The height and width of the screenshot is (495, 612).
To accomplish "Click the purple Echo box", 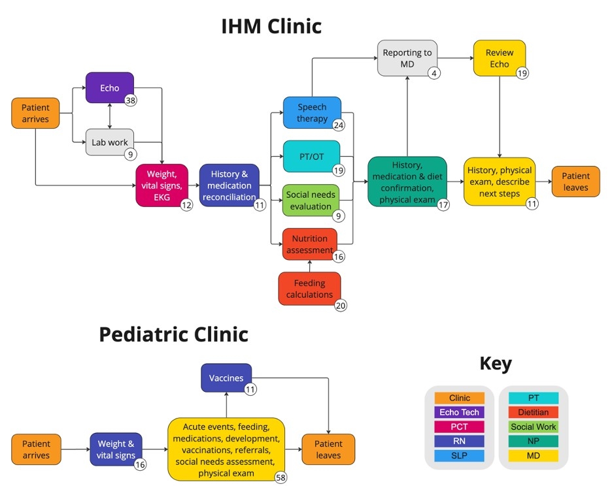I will coord(109,88).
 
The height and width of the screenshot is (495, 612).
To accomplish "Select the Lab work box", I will coord(109,142).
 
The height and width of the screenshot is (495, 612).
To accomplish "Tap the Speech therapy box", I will coord(312,112).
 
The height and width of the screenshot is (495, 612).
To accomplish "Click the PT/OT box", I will coord(311,156).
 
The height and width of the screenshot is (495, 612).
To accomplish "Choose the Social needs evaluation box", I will coord(311,200).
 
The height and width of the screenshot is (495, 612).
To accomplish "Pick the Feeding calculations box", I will coord(309,289).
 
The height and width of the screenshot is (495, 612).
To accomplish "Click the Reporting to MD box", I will coord(407,58).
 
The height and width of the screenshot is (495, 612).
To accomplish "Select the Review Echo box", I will coord(500,58).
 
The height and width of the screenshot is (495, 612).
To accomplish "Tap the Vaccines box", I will coord(226,378).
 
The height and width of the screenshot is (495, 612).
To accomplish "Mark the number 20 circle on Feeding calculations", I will coord(341,306).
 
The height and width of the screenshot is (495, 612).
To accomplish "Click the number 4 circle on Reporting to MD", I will coord(434,73).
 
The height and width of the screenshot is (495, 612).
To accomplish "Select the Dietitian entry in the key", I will coord(534,412).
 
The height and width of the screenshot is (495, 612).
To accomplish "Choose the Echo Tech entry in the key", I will coord(459,412).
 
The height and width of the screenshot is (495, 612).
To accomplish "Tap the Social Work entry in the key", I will coord(534,426).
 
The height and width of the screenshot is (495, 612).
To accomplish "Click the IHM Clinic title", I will coord(271,26).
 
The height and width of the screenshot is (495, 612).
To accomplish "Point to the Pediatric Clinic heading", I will coord(173,334).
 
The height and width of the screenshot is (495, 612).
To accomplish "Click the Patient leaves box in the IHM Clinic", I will coord(575,182).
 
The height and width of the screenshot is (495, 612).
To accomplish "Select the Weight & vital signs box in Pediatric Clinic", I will coord(116,449).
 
